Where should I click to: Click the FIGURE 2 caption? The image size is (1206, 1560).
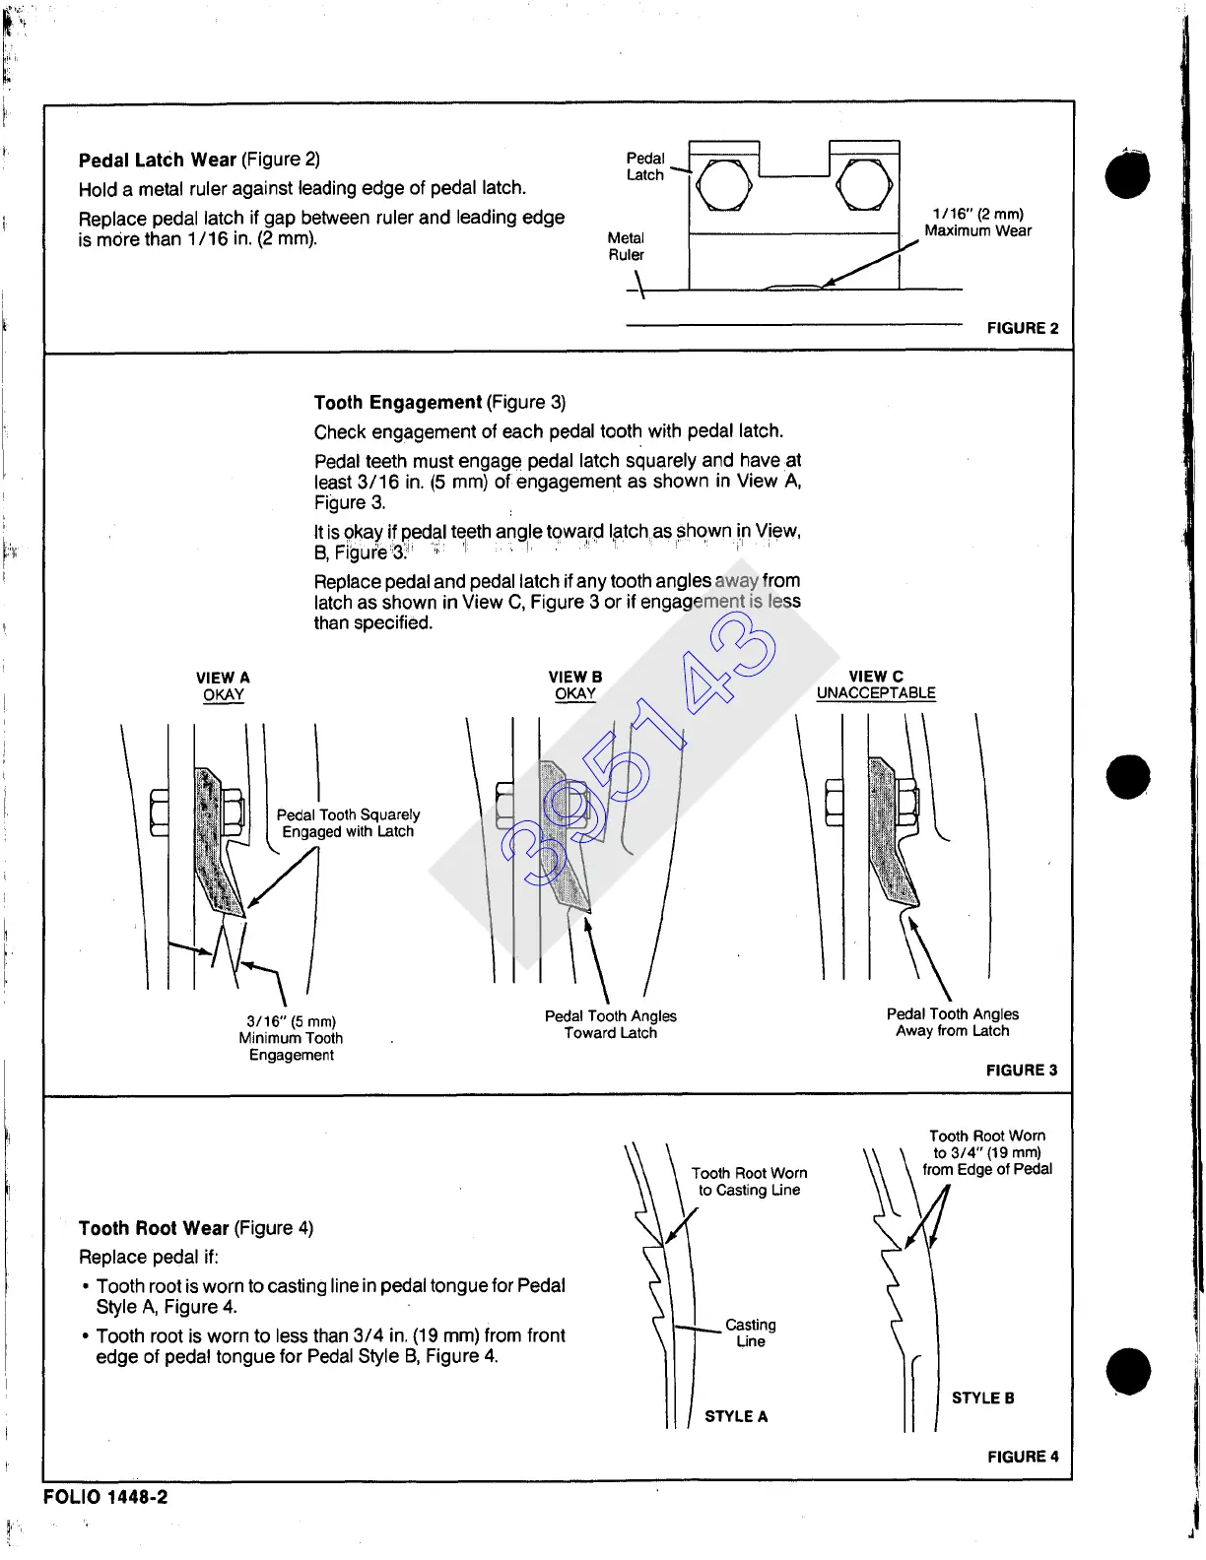1023,328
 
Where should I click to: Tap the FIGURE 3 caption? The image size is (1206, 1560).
1022,1070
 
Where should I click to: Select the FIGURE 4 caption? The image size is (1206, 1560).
1023,1457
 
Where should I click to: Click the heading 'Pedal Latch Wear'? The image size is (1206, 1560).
158,160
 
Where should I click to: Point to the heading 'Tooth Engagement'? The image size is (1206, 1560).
397,402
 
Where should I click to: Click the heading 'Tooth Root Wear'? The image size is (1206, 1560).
154,1228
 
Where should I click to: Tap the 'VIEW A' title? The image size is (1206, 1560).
223,678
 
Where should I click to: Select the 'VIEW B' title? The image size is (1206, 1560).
575,678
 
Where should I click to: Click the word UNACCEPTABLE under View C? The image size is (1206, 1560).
876,693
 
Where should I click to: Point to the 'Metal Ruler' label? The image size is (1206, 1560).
626,246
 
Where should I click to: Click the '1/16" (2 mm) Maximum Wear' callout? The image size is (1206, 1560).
977,223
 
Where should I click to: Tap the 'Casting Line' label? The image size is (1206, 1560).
751,1332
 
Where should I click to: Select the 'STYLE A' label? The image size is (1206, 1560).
736,1416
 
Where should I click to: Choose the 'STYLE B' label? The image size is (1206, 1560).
982,1398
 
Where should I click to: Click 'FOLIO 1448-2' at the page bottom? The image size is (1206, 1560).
105,1497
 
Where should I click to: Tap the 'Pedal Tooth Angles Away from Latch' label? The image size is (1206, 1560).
953,1022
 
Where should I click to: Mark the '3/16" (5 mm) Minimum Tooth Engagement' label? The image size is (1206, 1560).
291,1038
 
